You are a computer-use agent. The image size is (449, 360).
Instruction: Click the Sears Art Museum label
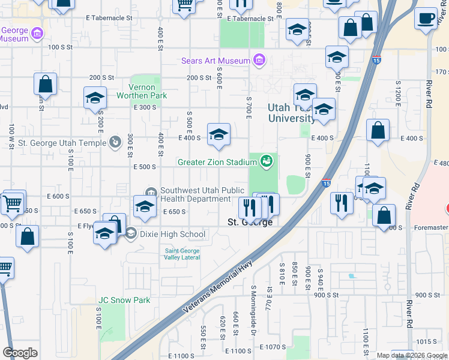pyautogui.click(x=216, y=61)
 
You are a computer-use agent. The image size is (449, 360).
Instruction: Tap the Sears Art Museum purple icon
pyautogui.click(x=259, y=60)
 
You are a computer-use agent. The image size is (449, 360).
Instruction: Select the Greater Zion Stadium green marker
pyautogui.click(x=267, y=161)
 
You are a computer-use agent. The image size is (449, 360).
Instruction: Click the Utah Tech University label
pyautogui.click(x=291, y=112)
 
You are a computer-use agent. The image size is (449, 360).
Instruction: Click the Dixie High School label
pyautogui.click(x=173, y=234)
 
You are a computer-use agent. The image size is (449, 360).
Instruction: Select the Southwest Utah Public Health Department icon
pyautogui.click(x=149, y=191)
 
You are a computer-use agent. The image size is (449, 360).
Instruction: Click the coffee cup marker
pyautogui.click(x=426, y=19)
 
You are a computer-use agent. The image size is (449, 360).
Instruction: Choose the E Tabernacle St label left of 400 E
pyautogui.click(x=108, y=18)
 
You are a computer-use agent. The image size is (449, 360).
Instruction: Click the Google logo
pyautogui.click(x=20, y=352)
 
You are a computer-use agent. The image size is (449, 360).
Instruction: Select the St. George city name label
pyautogui.click(x=250, y=222)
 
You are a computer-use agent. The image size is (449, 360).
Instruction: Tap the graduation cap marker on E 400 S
pyautogui.click(x=218, y=134)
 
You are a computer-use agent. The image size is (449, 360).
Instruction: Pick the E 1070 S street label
pyautogui.click(x=274, y=347)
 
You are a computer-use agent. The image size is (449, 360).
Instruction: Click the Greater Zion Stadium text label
pyautogui.click(x=217, y=161)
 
